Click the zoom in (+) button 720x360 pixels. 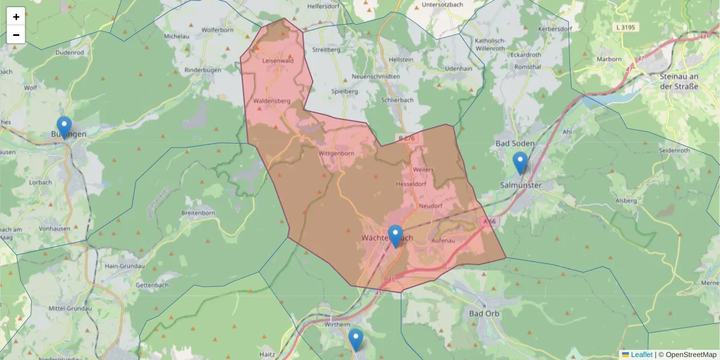[x=16, y=17]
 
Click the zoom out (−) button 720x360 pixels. [x=16, y=35]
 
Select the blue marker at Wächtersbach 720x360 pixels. [x=395, y=236]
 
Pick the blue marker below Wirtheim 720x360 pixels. [x=356, y=340]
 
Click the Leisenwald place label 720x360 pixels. [x=278, y=61]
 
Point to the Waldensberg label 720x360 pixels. [x=272, y=101]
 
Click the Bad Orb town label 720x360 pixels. [x=485, y=313]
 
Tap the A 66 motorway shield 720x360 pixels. [x=490, y=221]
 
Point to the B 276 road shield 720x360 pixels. [x=406, y=138]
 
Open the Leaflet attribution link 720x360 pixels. [x=641, y=355]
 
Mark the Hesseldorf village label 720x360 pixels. [x=410, y=184]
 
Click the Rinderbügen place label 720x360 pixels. [x=203, y=70]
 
